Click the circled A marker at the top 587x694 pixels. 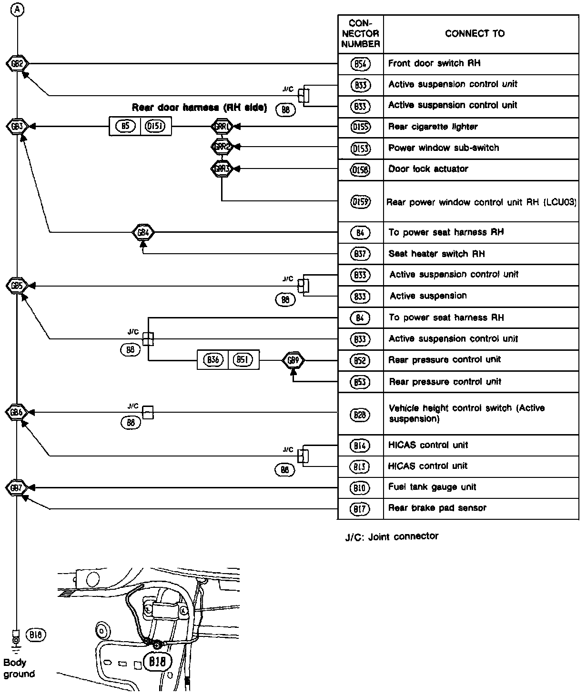[17, 9]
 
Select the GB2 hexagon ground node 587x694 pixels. [17, 63]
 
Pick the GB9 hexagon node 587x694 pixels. [293, 360]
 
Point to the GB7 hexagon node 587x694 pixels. [17, 488]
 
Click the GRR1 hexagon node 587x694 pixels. [222, 127]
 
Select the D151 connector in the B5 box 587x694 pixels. [156, 127]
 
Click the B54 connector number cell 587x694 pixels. [360, 64]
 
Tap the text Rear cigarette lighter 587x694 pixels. [433, 127]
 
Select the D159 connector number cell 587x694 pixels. [360, 201]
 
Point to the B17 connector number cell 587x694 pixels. [360, 509]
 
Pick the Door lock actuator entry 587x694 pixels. [428, 169]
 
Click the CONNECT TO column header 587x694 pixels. [475, 33]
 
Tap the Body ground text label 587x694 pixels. [19, 668]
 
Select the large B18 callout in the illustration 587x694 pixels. [157, 662]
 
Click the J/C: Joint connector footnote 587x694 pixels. [392, 536]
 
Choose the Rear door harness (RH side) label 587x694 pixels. [199, 108]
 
